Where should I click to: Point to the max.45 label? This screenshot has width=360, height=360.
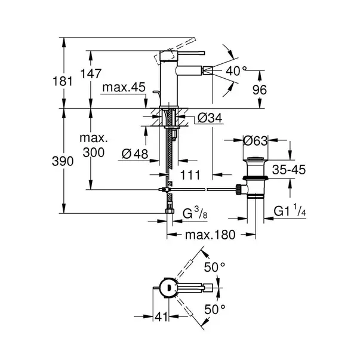pyautogui.click(x=124, y=88)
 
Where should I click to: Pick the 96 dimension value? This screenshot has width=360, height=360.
pyautogui.click(x=275, y=90)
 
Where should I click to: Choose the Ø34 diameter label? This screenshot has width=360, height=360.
pyautogui.click(x=209, y=118)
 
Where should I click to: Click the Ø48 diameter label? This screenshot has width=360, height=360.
pyautogui.click(x=134, y=153)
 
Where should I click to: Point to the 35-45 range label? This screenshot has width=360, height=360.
pyautogui.click(x=288, y=170)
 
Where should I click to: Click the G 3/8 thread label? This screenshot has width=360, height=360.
pyautogui.click(x=194, y=213)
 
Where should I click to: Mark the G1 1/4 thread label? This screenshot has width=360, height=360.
pyautogui.click(x=290, y=211)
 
